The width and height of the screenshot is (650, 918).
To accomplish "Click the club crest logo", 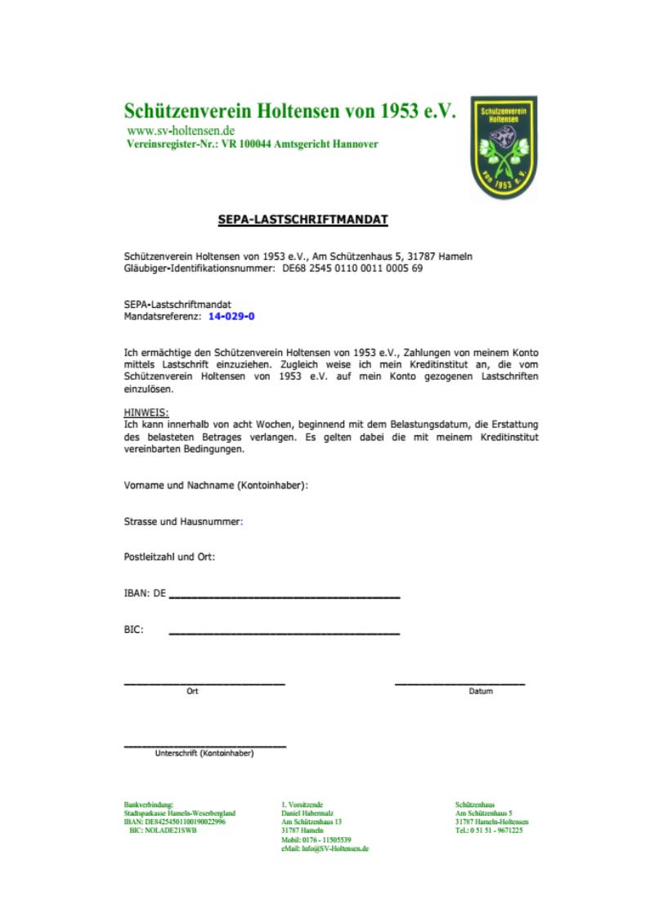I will (503, 148).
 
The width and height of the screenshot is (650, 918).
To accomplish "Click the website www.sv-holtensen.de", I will (182, 131).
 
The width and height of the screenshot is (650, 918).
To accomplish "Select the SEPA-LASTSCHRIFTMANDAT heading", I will (303, 219).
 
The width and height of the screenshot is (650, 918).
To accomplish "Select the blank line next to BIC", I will (284, 633).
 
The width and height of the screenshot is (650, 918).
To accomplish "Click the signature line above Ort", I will (204, 682).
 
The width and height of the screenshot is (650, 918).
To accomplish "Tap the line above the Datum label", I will (459, 682).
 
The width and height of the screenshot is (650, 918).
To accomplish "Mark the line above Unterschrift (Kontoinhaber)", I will (204, 746).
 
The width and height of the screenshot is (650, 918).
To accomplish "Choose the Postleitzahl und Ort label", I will (169, 557).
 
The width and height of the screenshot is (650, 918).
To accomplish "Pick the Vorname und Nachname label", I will (215, 485).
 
